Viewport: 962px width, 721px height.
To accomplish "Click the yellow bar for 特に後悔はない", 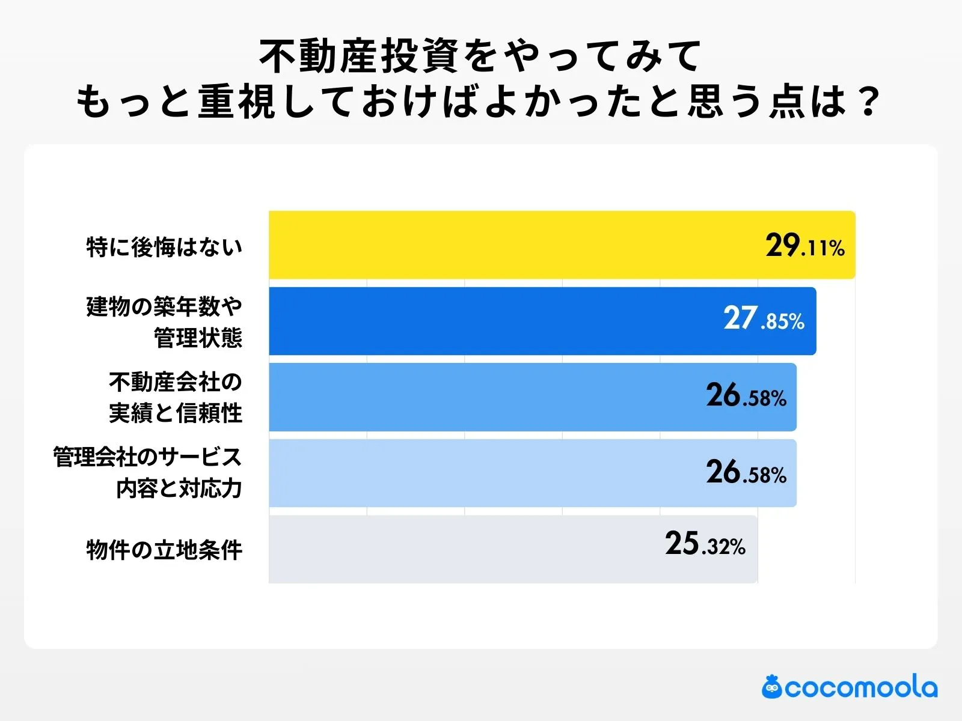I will coord(511,245).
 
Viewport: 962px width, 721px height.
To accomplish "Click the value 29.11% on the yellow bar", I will coord(805,246).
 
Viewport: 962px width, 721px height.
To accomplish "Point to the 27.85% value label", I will coord(764,319).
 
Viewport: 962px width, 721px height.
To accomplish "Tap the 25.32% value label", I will coord(705,544).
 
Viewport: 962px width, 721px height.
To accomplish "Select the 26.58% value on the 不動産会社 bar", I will coord(746,396).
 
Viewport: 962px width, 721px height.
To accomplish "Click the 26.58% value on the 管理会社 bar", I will coord(746,473).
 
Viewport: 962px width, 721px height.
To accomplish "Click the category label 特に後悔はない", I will coord(164,247).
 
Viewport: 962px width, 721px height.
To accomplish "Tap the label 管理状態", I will coord(198,338).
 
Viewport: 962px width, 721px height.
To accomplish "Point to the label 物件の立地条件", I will coord(164,550).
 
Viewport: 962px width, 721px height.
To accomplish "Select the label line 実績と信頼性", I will coord(176,413).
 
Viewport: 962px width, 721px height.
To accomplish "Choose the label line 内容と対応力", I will coord(179,489).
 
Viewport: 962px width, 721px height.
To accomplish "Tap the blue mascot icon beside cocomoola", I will coord(771,687).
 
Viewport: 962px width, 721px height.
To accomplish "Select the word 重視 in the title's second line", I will coord(236,101).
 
